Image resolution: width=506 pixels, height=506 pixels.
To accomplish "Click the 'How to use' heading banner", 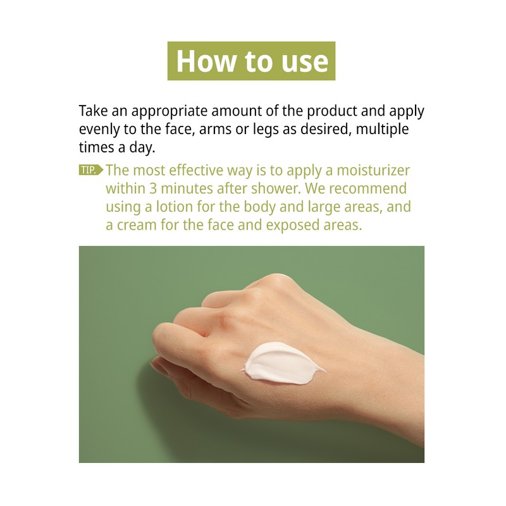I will click(x=251, y=61).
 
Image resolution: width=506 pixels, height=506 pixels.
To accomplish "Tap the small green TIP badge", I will click(x=90, y=170).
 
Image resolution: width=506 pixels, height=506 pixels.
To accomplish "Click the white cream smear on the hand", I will click(x=278, y=362).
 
